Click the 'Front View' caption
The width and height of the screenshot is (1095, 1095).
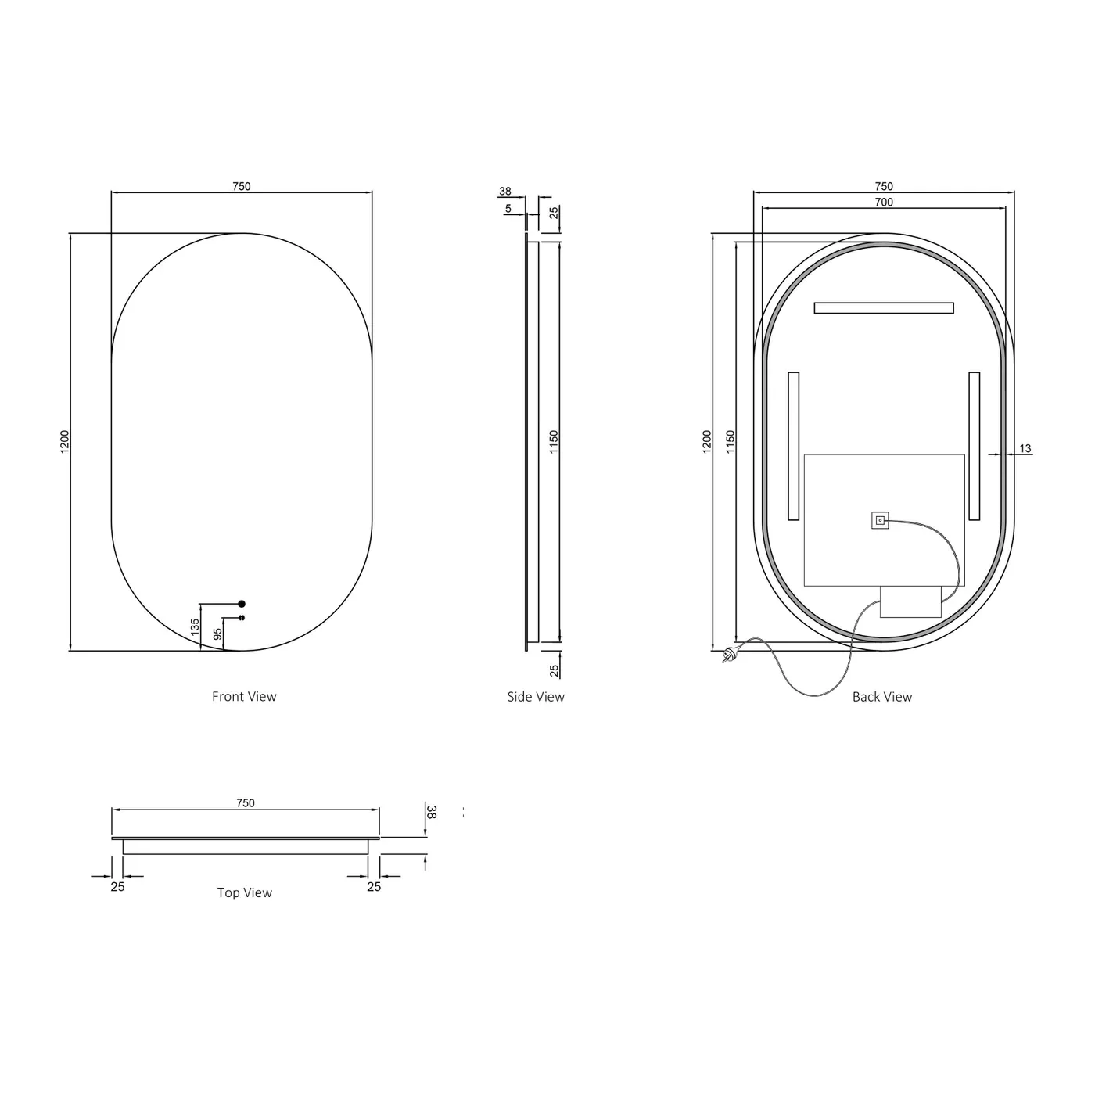coord(244,696)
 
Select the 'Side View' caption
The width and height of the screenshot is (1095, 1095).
coord(535,696)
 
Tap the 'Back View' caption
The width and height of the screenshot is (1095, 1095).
coord(881,696)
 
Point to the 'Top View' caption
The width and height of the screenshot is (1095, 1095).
coord(244,892)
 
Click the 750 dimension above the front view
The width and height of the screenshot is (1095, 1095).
coord(242,186)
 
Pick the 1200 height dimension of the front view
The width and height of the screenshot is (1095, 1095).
coord(65,441)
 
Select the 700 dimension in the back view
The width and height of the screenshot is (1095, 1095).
coord(883,202)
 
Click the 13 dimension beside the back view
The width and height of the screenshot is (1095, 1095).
coord(1025,448)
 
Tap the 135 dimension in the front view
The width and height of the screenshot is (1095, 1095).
coord(195,626)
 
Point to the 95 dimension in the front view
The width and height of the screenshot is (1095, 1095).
coord(217,634)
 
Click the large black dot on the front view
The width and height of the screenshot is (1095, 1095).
coord(242,604)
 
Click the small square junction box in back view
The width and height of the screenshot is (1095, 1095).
coord(880,520)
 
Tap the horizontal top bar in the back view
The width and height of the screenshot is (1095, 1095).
coord(883,308)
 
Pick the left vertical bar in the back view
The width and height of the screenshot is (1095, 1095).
coord(793,446)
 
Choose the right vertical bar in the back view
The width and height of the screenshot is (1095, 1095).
coord(974,446)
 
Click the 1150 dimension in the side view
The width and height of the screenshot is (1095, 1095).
coord(554,442)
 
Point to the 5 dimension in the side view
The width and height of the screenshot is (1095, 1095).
coord(508,209)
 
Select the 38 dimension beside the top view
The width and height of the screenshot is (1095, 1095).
coord(431,811)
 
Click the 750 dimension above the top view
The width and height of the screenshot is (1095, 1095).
coord(246,802)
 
